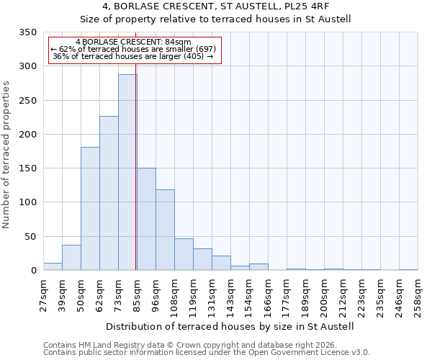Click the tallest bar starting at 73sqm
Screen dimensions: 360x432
coord(127,173)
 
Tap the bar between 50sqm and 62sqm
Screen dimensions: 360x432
coord(90,209)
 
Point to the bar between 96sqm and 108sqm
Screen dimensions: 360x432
coord(165,230)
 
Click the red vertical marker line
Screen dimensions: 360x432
coord(135,158)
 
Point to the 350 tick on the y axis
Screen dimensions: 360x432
coord(27,32)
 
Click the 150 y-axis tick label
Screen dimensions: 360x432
coord(27,168)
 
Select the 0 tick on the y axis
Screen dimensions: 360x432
coord(32,271)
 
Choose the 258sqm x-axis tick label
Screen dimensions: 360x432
coord(418,296)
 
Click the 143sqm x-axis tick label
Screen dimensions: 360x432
coord(230,296)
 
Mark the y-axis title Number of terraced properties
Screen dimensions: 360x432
coord(6,154)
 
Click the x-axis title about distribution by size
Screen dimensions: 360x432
coord(230,326)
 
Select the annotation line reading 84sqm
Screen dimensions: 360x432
coord(133,42)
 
